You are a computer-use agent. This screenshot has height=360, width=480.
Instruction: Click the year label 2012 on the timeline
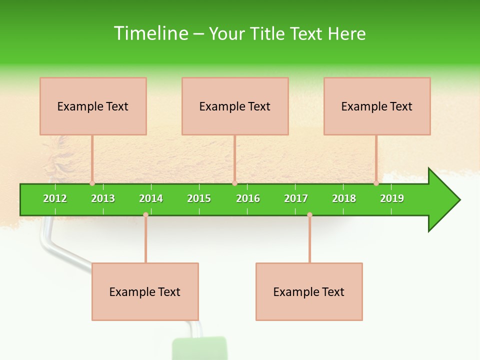click(x=55, y=198)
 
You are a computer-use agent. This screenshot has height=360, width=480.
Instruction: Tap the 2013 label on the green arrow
click(x=103, y=198)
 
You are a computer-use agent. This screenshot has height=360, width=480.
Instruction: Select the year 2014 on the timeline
click(x=151, y=198)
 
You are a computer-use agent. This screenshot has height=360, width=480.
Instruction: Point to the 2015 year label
click(x=199, y=198)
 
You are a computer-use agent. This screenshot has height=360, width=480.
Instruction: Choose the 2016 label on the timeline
click(x=248, y=198)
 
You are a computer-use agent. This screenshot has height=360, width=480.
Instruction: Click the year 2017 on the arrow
click(x=296, y=198)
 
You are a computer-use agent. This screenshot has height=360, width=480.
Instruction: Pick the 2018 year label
click(x=344, y=198)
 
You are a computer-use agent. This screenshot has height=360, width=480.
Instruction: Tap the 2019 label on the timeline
click(x=392, y=198)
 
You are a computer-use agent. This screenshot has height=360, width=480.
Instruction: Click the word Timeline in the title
click(x=150, y=33)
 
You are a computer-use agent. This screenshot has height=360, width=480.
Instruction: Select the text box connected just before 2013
click(x=93, y=106)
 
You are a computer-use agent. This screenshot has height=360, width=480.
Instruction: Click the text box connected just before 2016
click(x=235, y=106)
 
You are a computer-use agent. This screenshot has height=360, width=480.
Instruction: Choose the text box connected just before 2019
click(x=377, y=106)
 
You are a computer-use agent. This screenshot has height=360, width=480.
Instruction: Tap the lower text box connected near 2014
click(x=145, y=291)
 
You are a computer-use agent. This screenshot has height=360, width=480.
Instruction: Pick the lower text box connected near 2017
click(x=309, y=291)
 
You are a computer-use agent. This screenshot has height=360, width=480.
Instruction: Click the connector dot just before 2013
click(x=92, y=183)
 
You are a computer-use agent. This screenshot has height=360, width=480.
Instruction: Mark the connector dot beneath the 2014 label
click(x=145, y=214)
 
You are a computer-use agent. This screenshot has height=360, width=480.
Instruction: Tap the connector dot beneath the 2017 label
click(x=309, y=214)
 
